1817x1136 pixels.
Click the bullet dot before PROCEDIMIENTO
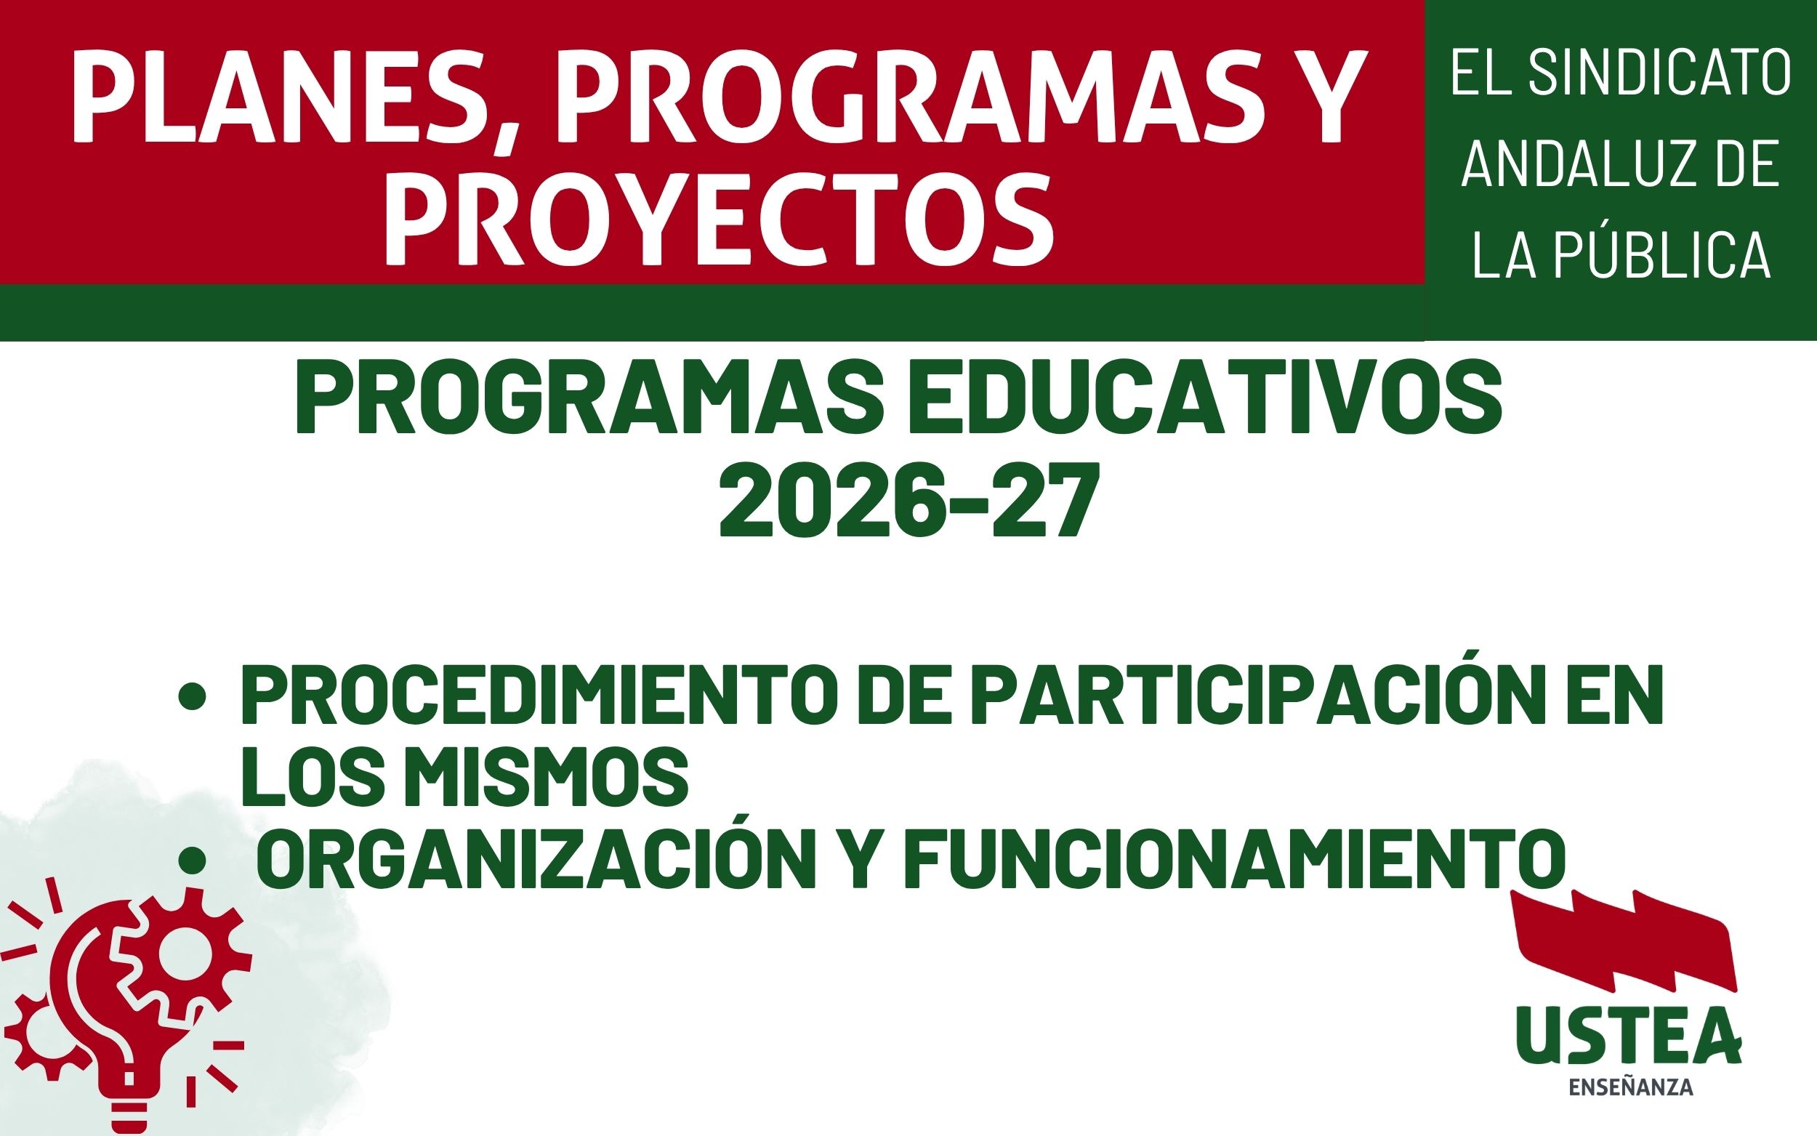tap(193, 699)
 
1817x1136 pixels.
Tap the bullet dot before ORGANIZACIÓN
tap(193, 861)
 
